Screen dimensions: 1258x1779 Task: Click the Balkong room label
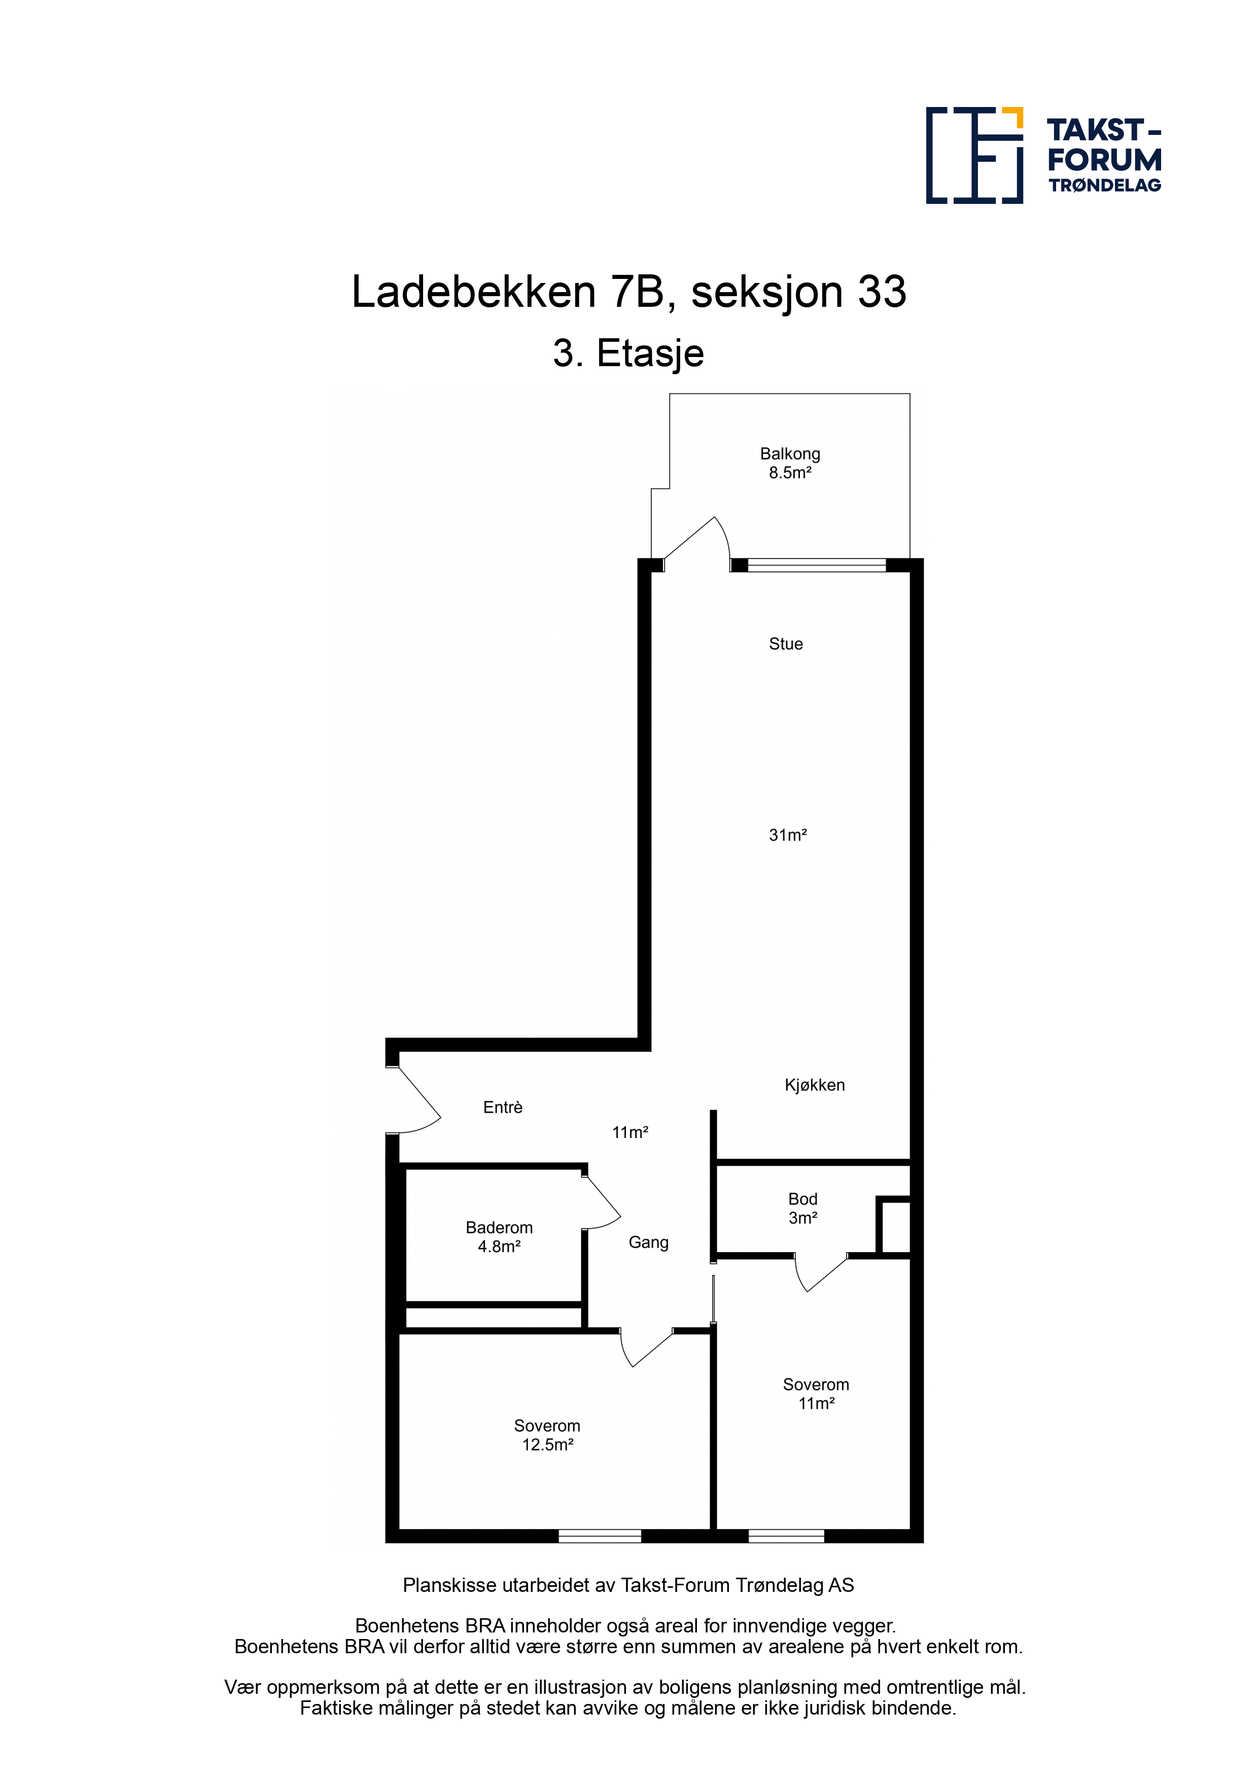pyautogui.click(x=789, y=454)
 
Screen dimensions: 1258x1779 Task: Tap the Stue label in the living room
pyautogui.click(x=785, y=644)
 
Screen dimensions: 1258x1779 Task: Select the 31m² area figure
pyautogui.click(x=787, y=835)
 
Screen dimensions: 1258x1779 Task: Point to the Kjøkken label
pyautogui.click(x=815, y=1085)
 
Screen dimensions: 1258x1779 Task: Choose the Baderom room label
pyautogui.click(x=499, y=1227)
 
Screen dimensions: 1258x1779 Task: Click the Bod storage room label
pyautogui.click(x=802, y=1199)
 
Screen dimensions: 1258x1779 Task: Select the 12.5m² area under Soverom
pyautogui.click(x=547, y=1445)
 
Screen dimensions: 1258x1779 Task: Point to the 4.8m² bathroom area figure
pyautogui.click(x=499, y=1247)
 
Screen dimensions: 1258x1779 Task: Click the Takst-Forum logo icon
pyautogui.click(x=974, y=155)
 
